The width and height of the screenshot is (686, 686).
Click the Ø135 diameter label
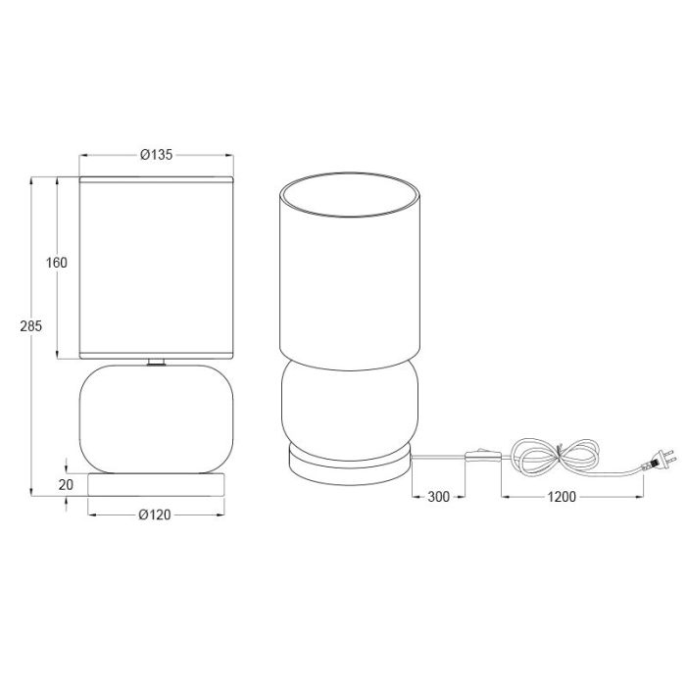pyautogui.click(x=156, y=155)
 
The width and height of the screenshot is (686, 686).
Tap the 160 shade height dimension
pyautogui.click(x=57, y=263)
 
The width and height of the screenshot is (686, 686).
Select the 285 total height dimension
pyautogui.click(x=30, y=326)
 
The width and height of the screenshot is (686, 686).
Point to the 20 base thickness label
pyautogui.click(x=66, y=485)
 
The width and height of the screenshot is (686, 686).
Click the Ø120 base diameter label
pyautogui.click(x=155, y=514)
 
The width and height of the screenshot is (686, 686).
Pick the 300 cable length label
pyautogui.click(x=438, y=497)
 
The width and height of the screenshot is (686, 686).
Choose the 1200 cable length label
pyautogui.click(x=562, y=497)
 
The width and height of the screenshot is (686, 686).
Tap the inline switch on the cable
pyautogui.click(x=483, y=456)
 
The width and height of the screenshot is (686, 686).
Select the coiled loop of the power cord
pyautogui.click(x=556, y=458)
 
